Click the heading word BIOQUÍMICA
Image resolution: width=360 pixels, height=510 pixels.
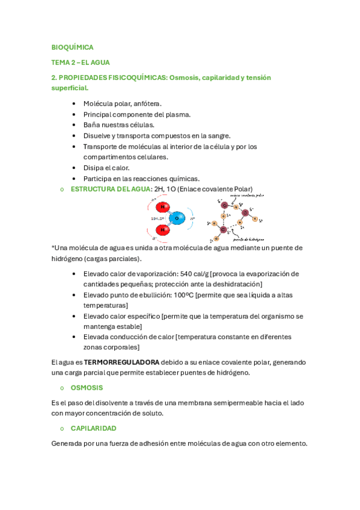click(72, 47)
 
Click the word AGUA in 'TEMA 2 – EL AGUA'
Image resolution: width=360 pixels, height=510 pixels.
click(100, 63)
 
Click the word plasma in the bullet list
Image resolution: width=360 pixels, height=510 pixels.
click(178, 114)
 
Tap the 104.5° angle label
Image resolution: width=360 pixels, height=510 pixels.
click(157, 218)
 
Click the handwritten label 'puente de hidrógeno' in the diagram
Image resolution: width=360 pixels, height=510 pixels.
click(246, 239)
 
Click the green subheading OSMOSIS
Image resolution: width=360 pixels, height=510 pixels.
click(87, 388)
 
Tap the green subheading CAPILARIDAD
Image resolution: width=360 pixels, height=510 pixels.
click(93, 428)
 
